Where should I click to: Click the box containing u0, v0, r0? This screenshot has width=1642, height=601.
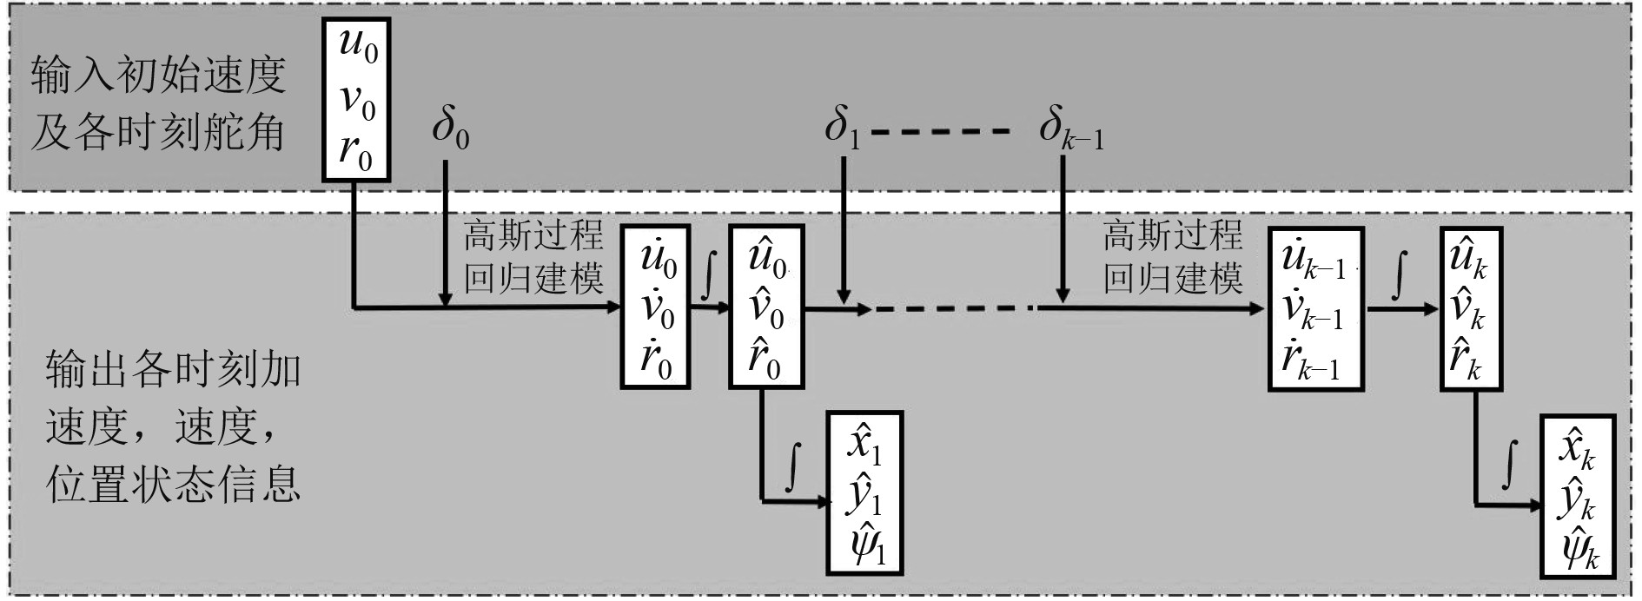(x=356, y=100)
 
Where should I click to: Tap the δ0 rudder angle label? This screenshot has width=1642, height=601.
(x=450, y=130)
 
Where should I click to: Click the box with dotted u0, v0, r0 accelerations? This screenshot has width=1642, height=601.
(x=655, y=307)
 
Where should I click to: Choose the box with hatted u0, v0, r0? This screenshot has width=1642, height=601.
(x=765, y=307)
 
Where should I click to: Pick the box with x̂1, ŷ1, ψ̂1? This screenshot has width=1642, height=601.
(x=864, y=492)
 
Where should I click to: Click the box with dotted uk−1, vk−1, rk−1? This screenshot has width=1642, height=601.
(x=1315, y=307)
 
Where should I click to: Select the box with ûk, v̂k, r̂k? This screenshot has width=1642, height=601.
(x=1470, y=307)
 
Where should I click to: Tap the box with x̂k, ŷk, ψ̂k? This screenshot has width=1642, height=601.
(x=1577, y=497)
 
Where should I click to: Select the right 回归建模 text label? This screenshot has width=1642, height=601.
(x=1172, y=278)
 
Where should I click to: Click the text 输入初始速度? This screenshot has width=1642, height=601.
(x=158, y=76)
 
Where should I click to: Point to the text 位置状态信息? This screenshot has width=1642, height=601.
(x=174, y=483)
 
